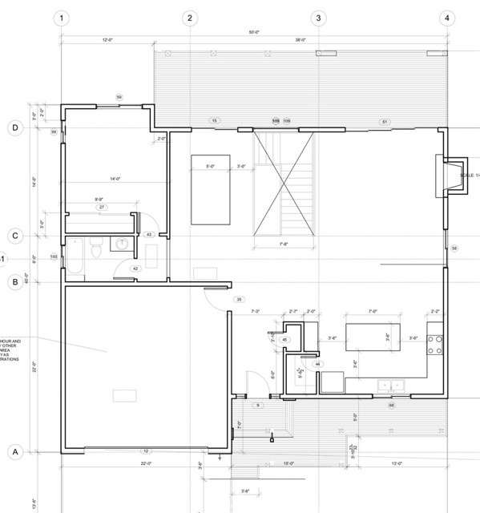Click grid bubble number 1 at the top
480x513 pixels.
click(x=62, y=18)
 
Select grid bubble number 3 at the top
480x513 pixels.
click(x=318, y=18)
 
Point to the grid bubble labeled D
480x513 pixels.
click(x=14, y=127)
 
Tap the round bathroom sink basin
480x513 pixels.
click(x=123, y=245)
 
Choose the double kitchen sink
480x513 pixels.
click(x=392, y=386)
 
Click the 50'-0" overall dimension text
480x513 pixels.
click(x=254, y=33)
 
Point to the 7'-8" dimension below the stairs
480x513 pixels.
click(x=283, y=244)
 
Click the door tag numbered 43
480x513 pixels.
click(x=149, y=234)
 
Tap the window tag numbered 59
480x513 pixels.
click(x=119, y=97)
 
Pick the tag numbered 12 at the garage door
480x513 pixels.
click(x=146, y=451)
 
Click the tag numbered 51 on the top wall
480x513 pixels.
click(x=385, y=122)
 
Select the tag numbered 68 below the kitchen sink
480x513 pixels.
click(x=392, y=406)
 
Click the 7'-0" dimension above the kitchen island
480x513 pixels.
click(x=373, y=311)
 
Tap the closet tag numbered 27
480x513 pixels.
click(x=103, y=208)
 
